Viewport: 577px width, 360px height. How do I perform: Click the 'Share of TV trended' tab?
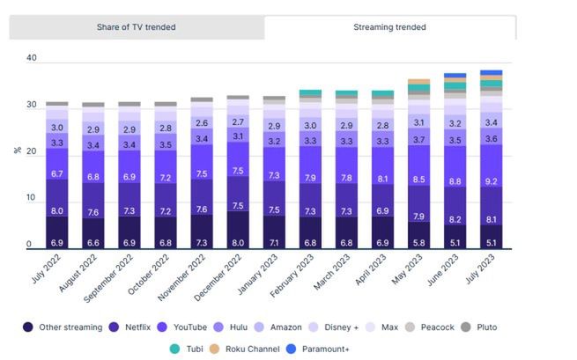click(136, 27)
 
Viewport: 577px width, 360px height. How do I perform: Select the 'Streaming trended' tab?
click(389, 27)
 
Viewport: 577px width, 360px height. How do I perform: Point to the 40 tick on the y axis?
click(32, 58)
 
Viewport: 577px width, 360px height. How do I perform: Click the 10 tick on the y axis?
click(32, 199)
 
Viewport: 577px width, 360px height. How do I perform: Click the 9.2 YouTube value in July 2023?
click(492, 181)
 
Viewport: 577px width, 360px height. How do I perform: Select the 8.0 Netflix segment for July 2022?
click(56, 211)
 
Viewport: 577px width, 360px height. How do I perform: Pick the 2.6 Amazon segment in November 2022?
click(202, 123)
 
